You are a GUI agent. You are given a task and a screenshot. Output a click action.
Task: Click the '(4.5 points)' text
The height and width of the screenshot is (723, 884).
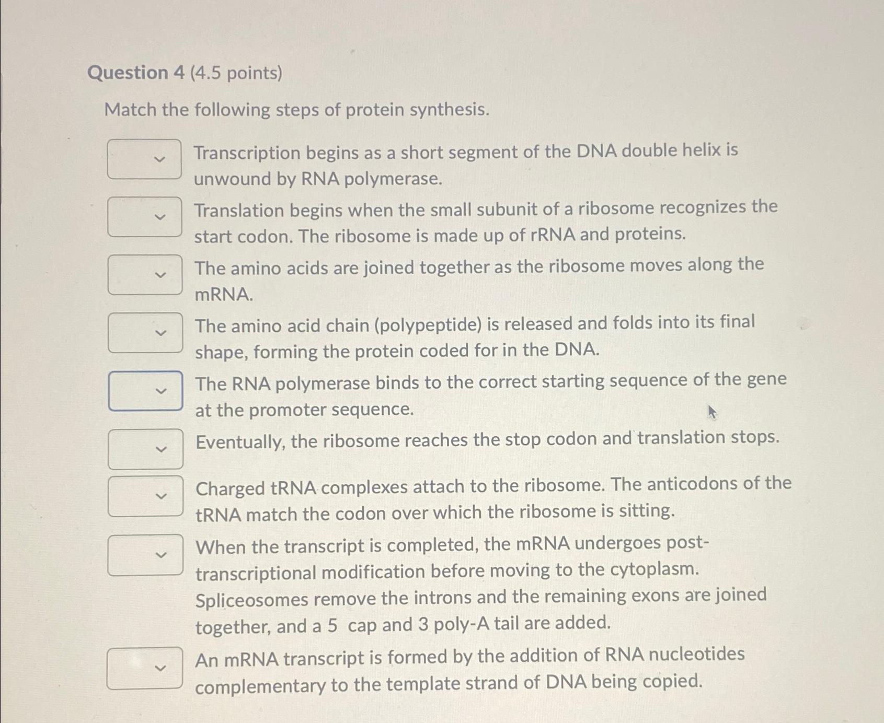[x=236, y=73]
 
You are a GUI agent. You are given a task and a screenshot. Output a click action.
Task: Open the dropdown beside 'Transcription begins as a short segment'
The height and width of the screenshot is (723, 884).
[x=145, y=159]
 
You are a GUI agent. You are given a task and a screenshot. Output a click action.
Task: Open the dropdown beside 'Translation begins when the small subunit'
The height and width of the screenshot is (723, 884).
[x=145, y=217]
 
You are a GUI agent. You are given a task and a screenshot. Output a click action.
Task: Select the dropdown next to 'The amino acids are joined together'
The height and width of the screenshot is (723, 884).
[x=145, y=275]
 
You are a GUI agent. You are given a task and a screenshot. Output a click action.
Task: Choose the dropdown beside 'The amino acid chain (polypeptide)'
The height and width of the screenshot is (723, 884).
[x=145, y=333]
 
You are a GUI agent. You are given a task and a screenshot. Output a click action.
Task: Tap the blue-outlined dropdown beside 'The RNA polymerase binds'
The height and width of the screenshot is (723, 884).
[x=145, y=391]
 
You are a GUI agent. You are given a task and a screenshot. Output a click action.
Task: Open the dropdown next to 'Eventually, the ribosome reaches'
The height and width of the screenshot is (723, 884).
[x=145, y=449]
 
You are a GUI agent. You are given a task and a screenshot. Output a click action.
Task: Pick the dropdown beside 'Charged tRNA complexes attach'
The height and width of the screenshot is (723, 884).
[x=145, y=496]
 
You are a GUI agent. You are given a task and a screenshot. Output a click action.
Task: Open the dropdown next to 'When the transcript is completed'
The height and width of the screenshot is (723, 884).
[x=145, y=555]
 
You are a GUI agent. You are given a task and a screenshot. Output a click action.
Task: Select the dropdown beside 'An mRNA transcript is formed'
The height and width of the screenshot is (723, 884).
[x=145, y=668]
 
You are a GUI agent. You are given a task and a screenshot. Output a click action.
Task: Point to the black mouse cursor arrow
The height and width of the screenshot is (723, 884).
[x=711, y=412]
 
